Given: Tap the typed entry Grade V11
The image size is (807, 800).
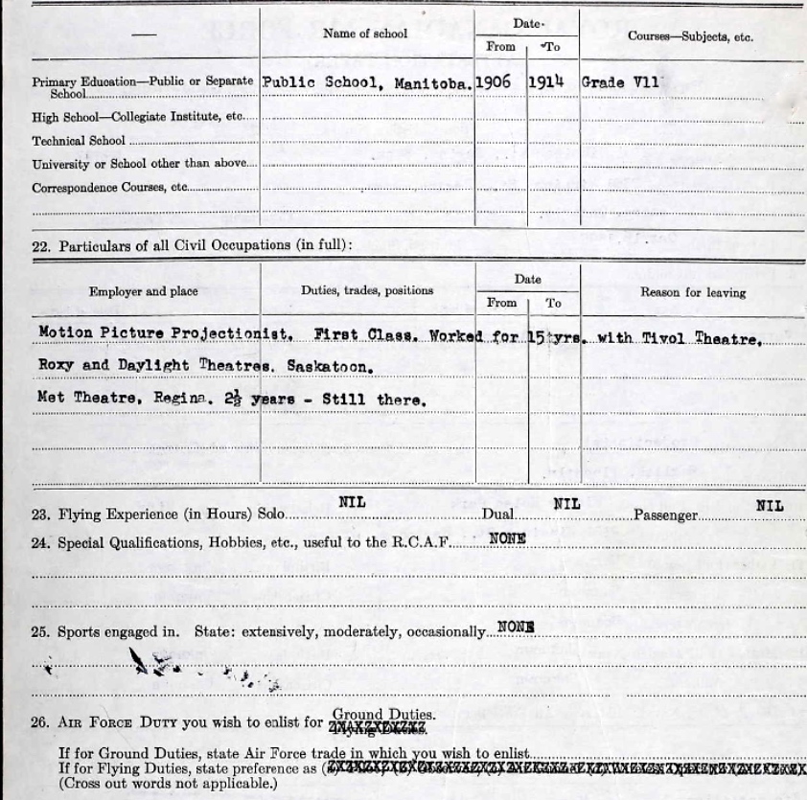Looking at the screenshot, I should pos(620,82).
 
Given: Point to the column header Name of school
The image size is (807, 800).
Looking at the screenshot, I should pos(365,34).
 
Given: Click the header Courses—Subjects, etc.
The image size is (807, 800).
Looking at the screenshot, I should pos(690,36).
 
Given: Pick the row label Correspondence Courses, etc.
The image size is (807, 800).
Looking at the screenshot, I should pos(109,188).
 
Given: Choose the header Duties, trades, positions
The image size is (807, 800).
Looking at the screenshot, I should pos(367,290).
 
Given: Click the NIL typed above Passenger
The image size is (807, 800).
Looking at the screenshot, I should pos(769,504).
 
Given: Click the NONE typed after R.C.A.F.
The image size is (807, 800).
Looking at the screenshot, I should pos(507,538).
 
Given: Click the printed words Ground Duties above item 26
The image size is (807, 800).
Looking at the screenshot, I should pos(383,714).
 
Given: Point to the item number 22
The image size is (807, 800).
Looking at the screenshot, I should pos(40,246).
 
